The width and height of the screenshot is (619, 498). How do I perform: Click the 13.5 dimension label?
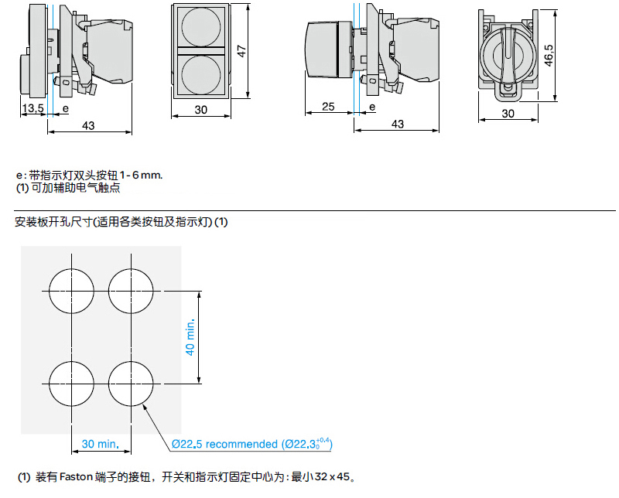tap(32, 108)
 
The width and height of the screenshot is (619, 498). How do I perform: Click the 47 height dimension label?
tap(242, 50)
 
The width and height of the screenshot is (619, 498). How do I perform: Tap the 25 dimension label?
tap(328, 107)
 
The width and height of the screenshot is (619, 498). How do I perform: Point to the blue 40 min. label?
tap(191, 338)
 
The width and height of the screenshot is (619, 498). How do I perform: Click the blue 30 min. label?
tap(100, 444)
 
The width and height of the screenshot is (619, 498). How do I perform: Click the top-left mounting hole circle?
tap(70, 291)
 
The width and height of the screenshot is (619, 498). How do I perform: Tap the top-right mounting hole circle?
tap(129, 291)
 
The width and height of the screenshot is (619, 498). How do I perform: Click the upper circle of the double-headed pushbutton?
tap(201, 27)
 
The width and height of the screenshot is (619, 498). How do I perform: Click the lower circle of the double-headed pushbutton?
tap(201, 73)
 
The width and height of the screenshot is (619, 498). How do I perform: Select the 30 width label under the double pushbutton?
tap(201, 110)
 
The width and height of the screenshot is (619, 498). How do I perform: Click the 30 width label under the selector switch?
tap(508, 113)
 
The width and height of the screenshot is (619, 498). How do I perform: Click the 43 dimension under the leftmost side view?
tap(88, 124)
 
